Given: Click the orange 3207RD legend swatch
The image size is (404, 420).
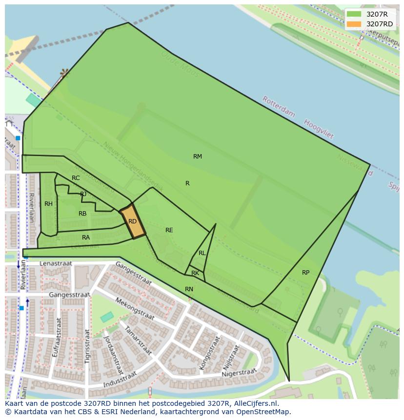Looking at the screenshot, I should pos(354,24).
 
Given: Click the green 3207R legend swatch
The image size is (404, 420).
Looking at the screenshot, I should pos(354,14).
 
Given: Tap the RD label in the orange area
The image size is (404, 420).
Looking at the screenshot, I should pos(132,221).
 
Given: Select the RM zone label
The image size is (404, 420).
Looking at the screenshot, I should pos(198,157).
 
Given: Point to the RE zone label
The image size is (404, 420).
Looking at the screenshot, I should pos(169,230).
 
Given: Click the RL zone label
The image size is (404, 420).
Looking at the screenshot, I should pos(202,253).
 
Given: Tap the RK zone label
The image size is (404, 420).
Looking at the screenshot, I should pos(195,273).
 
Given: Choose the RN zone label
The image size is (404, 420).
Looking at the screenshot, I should pos(189,289).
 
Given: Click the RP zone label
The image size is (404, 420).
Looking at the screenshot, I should pos(305,273).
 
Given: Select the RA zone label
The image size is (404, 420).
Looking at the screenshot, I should pos(86,238).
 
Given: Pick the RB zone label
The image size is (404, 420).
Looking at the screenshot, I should pos(82,214).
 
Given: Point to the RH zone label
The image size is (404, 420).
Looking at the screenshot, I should pos(48,204).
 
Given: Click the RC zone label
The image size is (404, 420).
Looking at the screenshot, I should pos(76,178).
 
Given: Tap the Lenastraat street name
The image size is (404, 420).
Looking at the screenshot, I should pos(56,263).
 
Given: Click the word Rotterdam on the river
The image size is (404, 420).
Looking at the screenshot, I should pos(279,107).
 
